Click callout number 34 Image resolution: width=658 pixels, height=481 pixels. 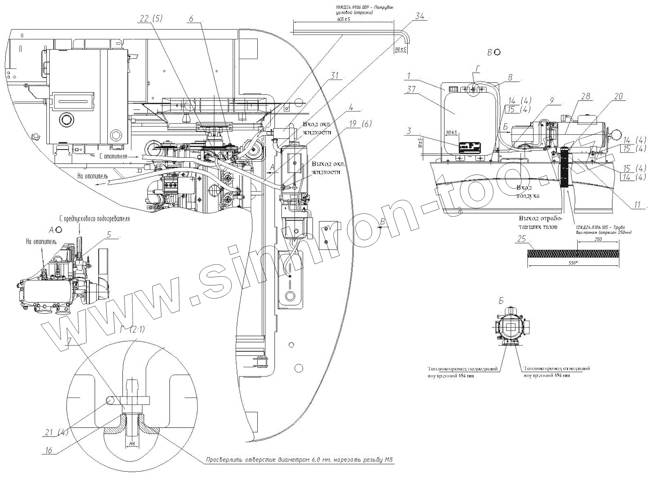point(419,16)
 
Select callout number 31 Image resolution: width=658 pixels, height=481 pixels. point(335,75)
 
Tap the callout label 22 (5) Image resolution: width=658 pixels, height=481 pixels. point(151,19)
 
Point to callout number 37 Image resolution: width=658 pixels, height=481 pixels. point(411,89)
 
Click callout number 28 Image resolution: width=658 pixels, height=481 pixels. point(585,96)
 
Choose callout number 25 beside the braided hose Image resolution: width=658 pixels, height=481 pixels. point(522,239)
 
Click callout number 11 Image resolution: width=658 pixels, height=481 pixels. point(638,205)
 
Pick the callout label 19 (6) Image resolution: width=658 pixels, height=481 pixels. point(360,124)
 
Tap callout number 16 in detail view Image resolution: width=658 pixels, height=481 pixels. point(48,450)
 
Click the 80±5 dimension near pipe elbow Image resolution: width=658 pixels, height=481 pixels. point(401,49)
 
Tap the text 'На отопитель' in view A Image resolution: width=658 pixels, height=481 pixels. point(41,242)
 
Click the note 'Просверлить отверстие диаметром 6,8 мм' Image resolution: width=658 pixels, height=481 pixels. point(300,460)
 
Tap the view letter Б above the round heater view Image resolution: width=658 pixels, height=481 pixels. point(501,301)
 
